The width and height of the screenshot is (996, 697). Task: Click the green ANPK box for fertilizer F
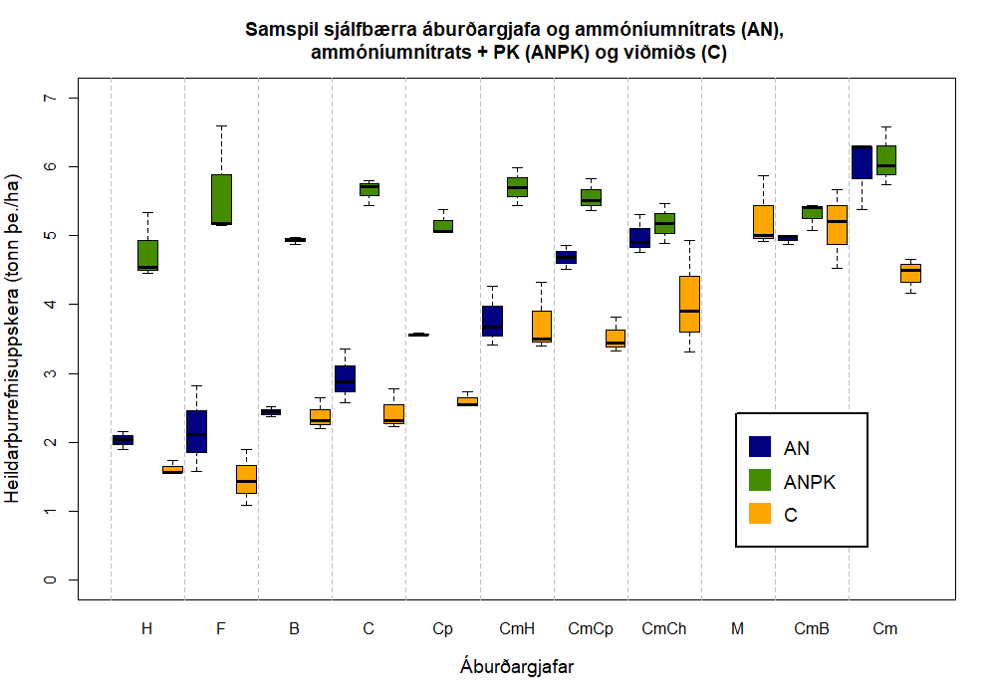point(221,199)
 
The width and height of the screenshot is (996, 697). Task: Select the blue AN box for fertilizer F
point(196,431)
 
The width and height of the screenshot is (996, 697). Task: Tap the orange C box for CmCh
point(689,304)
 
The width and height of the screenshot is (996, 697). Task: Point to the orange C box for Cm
point(910,273)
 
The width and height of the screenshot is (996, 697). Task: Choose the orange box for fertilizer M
point(763,221)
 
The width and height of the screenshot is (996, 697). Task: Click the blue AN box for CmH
point(492,321)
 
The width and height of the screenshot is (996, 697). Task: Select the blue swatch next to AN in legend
point(760,447)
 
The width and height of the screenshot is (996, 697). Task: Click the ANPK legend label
point(810,482)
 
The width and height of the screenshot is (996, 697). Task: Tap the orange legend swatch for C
point(760,515)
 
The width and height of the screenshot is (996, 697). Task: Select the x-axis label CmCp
point(591,629)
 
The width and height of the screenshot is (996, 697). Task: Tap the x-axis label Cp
point(442,629)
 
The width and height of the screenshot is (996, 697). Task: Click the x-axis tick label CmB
point(812,629)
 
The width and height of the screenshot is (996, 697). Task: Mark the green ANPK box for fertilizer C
point(369,189)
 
